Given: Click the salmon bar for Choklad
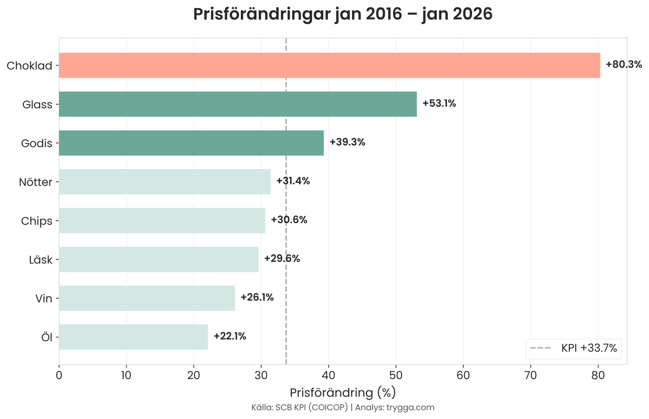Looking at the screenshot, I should click(329, 65).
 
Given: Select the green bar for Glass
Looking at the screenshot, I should click(238, 104).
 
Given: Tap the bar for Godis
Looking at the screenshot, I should click(191, 143).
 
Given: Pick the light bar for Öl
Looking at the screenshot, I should click(133, 337).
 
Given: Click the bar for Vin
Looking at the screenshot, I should click(147, 298).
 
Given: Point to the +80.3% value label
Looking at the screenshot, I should click(623, 65).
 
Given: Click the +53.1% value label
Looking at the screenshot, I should click(439, 103).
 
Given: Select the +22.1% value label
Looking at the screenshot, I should click(230, 336).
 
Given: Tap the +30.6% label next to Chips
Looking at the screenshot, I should click(289, 220).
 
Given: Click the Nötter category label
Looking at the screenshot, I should click(35, 182).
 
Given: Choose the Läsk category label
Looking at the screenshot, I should click(41, 260).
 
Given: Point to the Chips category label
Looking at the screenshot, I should click(37, 221).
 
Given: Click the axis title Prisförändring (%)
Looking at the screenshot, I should click(342, 393).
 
